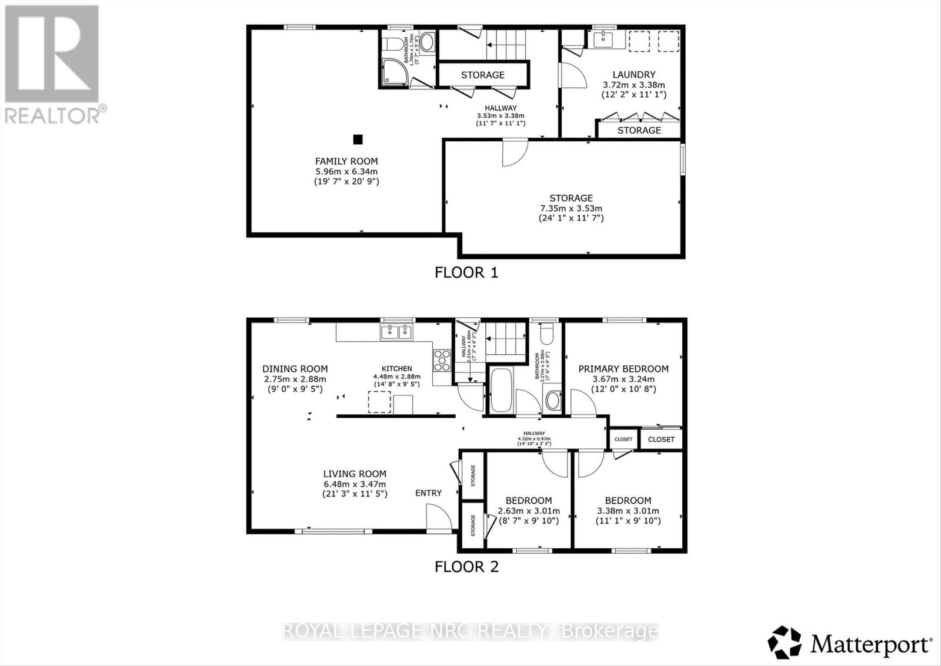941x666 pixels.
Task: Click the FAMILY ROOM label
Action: point(346,161)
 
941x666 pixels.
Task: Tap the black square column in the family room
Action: point(358,139)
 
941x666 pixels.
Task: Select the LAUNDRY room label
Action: point(633,75)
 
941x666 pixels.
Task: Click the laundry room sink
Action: point(602,40)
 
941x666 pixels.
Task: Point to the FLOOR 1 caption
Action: point(466,272)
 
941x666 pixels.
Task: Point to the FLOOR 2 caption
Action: point(466,567)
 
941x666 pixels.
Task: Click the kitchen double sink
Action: point(397,332)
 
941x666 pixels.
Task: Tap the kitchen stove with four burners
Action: point(441,360)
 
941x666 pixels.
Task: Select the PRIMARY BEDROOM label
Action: point(623,369)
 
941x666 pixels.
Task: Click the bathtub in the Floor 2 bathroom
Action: point(501,391)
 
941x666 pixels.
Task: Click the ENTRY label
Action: point(428,493)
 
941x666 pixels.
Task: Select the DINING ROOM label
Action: point(295,369)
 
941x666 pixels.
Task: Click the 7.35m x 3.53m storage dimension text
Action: point(571,208)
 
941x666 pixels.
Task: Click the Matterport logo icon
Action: point(785,642)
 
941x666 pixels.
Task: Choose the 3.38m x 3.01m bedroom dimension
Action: point(628,511)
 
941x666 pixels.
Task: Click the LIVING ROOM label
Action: point(355,474)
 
